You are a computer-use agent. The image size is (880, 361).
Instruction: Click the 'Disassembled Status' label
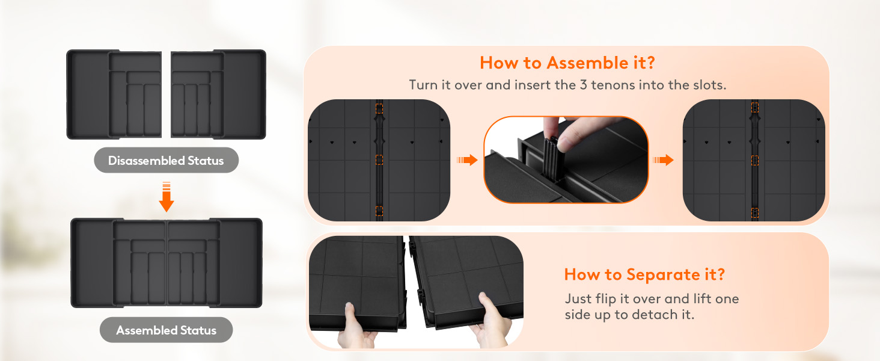(166, 161)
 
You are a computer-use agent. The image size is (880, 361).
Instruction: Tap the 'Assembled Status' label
(166, 330)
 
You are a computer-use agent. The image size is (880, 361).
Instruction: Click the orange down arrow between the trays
(167, 197)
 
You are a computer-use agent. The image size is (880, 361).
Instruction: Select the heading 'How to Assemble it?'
(567, 63)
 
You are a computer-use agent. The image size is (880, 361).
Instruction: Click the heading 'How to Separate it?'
(644, 274)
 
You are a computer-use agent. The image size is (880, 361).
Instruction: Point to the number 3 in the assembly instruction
(584, 85)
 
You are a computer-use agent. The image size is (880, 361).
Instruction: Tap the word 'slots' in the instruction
(709, 85)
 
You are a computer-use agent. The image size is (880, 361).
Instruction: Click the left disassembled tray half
(114, 94)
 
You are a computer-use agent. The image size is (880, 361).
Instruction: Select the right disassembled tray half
(218, 94)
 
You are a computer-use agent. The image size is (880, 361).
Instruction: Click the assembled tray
(167, 263)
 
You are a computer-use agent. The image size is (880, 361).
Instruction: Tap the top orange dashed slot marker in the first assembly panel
(379, 108)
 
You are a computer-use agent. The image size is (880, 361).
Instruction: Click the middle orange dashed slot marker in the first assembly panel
(379, 159)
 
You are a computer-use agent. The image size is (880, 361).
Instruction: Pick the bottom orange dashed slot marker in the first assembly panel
(379, 211)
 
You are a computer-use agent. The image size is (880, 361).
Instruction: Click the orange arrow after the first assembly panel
(467, 160)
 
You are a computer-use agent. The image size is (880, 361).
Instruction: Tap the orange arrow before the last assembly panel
(663, 160)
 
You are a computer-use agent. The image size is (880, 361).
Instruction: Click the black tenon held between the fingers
(551, 159)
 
